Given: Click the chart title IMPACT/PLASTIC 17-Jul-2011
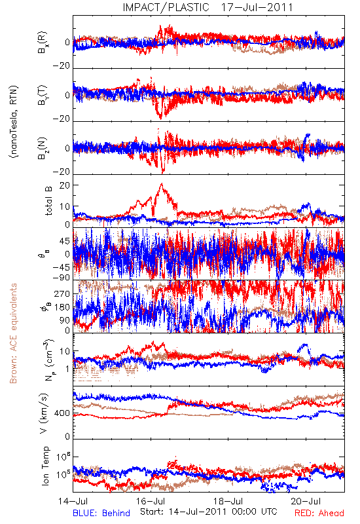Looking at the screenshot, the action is [x=207, y=7].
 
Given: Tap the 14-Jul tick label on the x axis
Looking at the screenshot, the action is [x=73, y=501].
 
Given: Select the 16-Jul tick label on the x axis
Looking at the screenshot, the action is [x=151, y=501].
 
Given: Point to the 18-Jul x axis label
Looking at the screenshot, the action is [x=228, y=501].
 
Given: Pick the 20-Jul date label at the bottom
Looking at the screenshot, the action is [x=306, y=501].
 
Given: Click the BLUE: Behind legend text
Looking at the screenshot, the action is [x=101, y=513].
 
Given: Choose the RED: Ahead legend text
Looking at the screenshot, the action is [x=319, y=513].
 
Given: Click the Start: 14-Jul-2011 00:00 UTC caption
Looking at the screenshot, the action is [x=209, y=512].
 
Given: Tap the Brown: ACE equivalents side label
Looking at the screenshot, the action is [x=13, y=333].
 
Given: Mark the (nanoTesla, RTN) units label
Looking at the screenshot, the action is [x=14, y=121].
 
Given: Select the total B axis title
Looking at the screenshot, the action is [x=48, y=201].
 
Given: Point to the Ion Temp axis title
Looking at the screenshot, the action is [x=45, y=466].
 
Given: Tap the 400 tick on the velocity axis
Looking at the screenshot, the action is [x=62, y=413].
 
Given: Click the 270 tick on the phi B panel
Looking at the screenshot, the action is [x=62, y=293].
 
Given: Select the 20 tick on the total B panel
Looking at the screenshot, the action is [x=65, y=185].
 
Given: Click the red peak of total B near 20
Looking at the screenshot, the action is [x=162, y=184].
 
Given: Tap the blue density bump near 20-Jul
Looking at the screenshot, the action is [x=304, y=348].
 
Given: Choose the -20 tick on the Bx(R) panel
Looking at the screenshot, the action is [x=62, y=66].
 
